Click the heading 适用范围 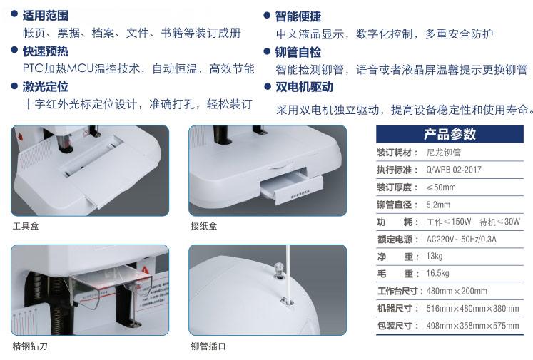click(46, 16)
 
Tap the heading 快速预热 click(46, 51)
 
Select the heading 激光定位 click(46, 86)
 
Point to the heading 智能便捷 click(298, 16)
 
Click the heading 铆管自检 click(298, 52)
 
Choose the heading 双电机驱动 click(304, 87)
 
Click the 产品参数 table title click(450, 134)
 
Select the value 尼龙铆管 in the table click(444, 153)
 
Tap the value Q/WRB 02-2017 click(454, 170)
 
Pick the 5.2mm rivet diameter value click(438, 205)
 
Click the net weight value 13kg click(435, 257)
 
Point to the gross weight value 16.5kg click(437, 274)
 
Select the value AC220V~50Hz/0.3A click(461, 239)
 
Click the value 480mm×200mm click(457, 291)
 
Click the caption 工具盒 click(26, 226)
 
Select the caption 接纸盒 click(203, 226)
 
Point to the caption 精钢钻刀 click(30, 346)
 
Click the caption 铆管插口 click(208, 346)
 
